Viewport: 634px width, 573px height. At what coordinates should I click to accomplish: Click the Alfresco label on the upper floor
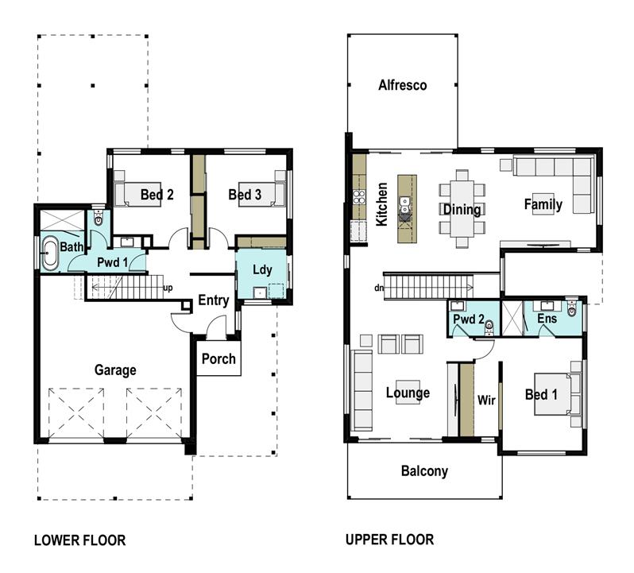point(402,85)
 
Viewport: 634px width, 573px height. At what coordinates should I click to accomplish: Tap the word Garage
point(115,370)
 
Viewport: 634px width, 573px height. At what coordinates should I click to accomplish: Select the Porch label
point(218,358)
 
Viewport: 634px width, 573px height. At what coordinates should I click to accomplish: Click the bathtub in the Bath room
point(50,254)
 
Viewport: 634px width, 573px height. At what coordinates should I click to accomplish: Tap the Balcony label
point(423,471)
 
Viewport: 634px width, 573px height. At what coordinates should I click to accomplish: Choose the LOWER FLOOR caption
point(79,540)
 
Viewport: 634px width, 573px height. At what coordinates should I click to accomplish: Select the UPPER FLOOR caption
point(389,540)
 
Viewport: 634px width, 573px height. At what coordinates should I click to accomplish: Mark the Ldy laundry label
point(262,270)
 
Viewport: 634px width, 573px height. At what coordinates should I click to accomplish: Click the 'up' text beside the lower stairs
point(168,288)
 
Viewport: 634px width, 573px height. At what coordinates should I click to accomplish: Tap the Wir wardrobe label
point(486,400)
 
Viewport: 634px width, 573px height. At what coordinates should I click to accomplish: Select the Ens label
point(547,319)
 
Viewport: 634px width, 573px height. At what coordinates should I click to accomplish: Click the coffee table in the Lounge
point(408,392)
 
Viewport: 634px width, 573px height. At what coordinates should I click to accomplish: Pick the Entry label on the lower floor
point(214,300)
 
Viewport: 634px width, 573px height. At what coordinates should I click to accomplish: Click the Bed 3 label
point(245,195)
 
